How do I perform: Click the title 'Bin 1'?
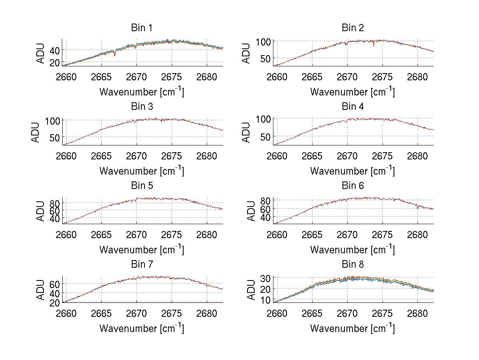coord(142,28)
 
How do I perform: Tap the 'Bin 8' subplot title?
coord(352,265)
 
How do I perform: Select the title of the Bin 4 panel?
coord(352,107)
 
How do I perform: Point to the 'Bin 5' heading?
coord(142,186)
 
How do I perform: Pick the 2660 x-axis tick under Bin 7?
coord(66,313)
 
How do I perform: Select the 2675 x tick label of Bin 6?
coord(382,235)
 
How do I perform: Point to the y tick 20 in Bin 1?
coord(55,63)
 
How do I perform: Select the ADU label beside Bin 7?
coord(41,289)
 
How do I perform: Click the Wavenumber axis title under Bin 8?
coord(352,329)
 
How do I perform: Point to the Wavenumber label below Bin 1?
coord(142,92)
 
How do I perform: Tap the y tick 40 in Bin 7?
coord(55,293)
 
